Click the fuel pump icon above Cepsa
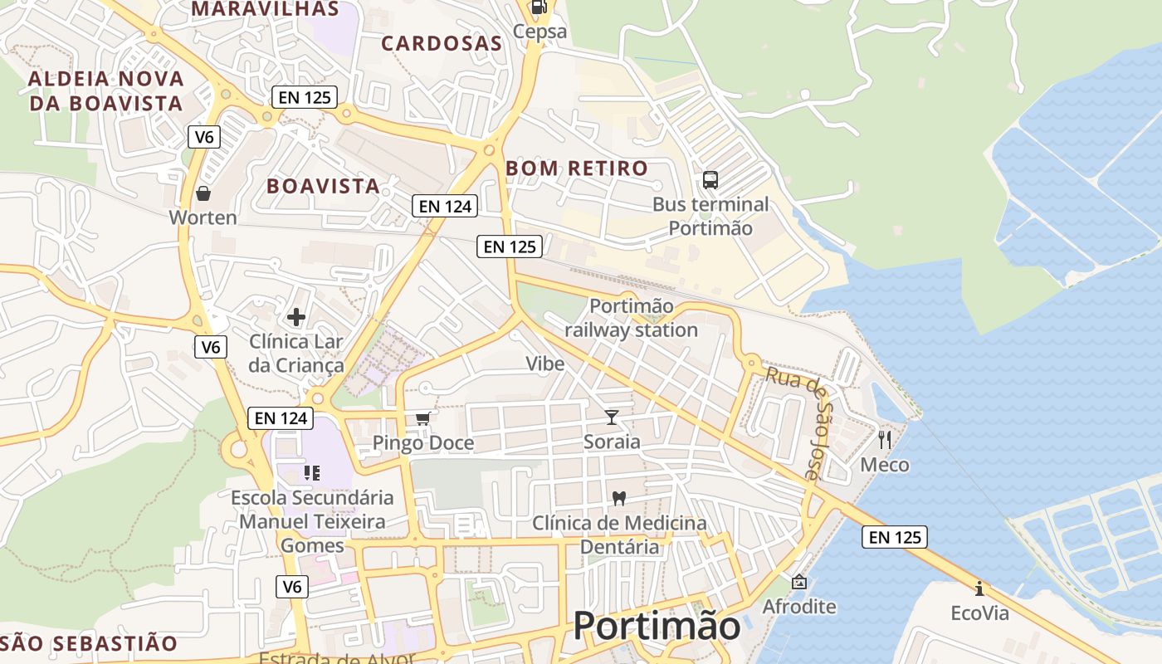539,7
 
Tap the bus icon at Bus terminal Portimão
710,179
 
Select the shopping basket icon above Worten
203,193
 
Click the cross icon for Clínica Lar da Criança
296,317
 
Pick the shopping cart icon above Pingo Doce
423,418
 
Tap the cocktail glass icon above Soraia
612,417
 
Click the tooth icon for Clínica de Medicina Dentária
618,498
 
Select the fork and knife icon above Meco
885,439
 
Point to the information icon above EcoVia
979,588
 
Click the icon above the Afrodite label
799,582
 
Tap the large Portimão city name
657,626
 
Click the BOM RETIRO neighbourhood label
577,168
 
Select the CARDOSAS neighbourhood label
442,44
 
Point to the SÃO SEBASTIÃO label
90,644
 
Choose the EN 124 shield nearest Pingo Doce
281,418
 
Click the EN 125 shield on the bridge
895,537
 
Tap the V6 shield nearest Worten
203,137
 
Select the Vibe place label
545,364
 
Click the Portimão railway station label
631,318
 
